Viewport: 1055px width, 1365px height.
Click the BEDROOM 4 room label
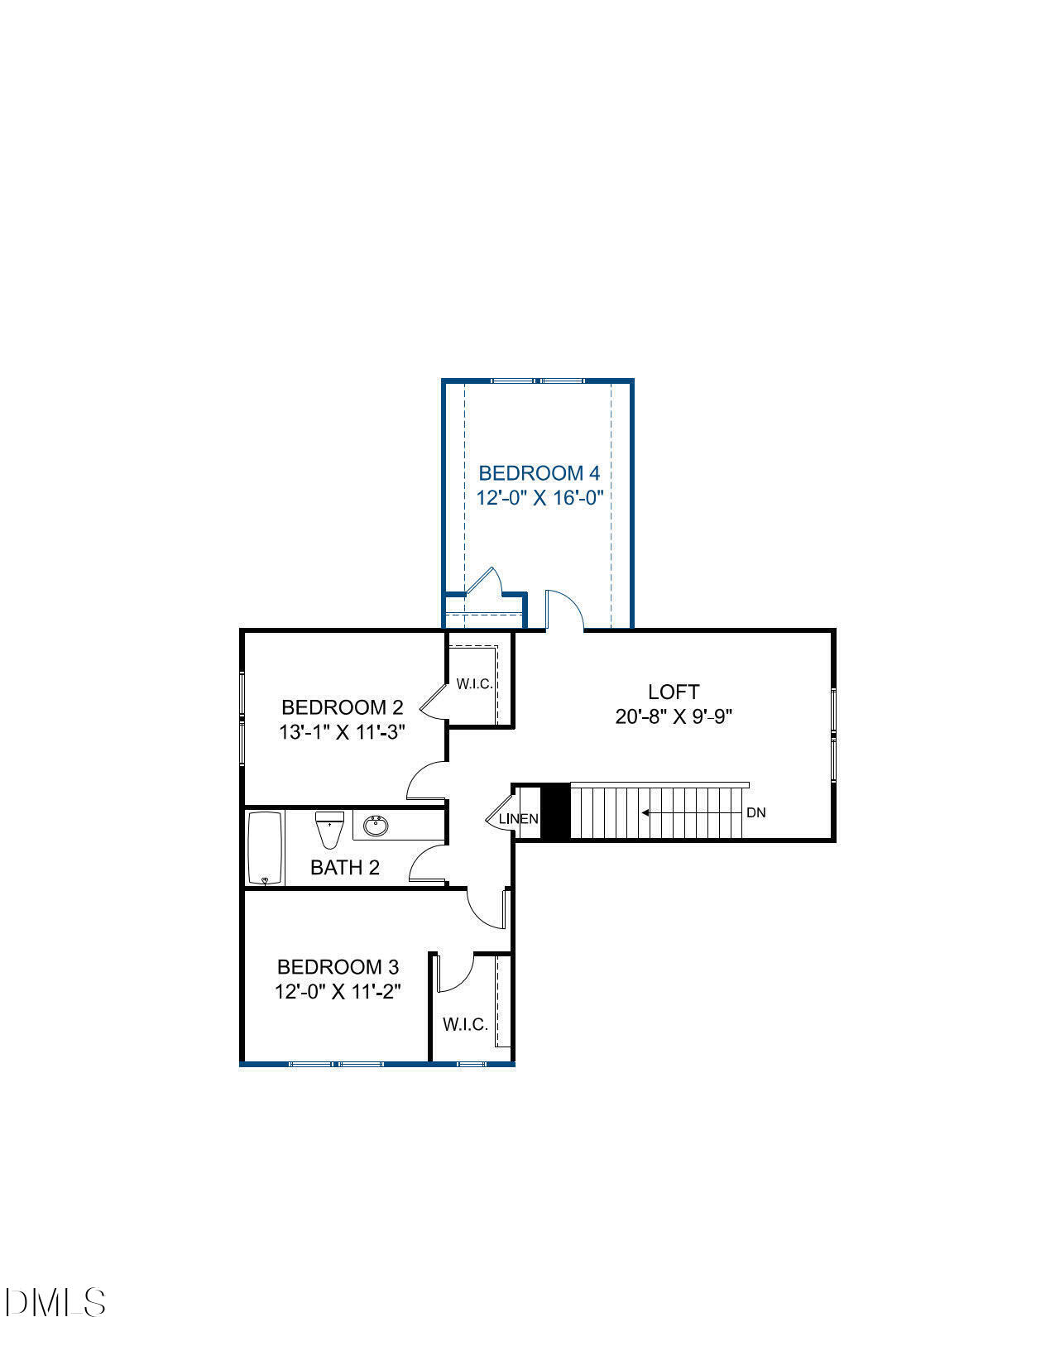tap(539, 473)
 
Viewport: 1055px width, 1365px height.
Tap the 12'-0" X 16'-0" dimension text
tap(539, 499)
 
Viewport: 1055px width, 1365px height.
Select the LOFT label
tap(674, 692)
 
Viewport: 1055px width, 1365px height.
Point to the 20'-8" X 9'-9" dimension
tap(674, 716)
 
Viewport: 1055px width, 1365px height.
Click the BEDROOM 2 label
tap(342, 707)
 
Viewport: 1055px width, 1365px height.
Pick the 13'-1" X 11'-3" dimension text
tap(342, 732)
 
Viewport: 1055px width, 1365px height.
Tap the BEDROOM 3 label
tap(338, 966)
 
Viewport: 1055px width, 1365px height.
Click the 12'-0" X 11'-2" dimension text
tap(338, 991)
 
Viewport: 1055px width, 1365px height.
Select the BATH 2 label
tap(344, 867)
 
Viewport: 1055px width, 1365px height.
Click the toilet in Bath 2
tap(329, 830)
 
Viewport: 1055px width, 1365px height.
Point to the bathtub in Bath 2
tap(266, 849)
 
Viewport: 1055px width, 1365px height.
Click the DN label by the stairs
tap(755, 812)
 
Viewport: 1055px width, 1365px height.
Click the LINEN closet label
tap(519, 819)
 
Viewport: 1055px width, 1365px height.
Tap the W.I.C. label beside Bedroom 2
tap(474, 684)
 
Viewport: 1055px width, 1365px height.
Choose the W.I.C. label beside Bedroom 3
tap(465, 1024)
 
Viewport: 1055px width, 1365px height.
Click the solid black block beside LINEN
tap(555, 812)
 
